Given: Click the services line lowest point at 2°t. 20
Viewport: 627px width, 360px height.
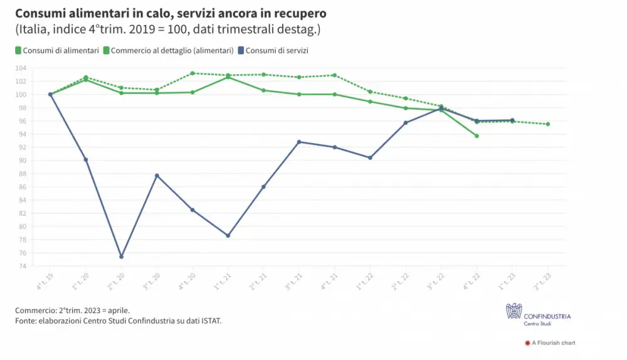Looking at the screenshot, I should (x=121, y=257).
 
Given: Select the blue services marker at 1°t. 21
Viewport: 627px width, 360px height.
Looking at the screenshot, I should (x=228, y=235).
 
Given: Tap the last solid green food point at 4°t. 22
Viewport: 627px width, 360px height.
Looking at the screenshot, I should (x=477, y=135).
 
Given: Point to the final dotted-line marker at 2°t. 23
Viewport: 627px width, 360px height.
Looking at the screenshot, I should (x=548, y=124).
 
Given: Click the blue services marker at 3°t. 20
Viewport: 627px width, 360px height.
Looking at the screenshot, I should (x=157, y=175).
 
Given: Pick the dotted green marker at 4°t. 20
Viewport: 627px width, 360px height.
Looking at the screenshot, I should (x=192, y=73).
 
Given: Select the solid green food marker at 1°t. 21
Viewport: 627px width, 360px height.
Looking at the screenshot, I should (x=228, y=77).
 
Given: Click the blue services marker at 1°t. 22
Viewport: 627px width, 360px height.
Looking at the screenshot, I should (x=370, y=157).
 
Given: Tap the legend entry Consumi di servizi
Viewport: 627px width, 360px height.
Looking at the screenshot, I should (x=277, y=50).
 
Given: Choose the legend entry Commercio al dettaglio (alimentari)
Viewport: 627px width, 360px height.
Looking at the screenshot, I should (x=169, y=50).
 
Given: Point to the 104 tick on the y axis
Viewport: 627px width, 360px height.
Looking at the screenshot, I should (x=38, y=68).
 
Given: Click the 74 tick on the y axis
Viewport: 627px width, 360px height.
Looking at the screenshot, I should (x=40, y=266).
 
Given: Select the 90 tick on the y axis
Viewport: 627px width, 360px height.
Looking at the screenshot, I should (x=40, y=161).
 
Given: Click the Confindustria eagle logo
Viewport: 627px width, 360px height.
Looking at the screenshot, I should (x=514, y=311).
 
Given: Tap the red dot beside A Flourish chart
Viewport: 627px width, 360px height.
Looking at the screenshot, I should (x=527, y=343).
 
